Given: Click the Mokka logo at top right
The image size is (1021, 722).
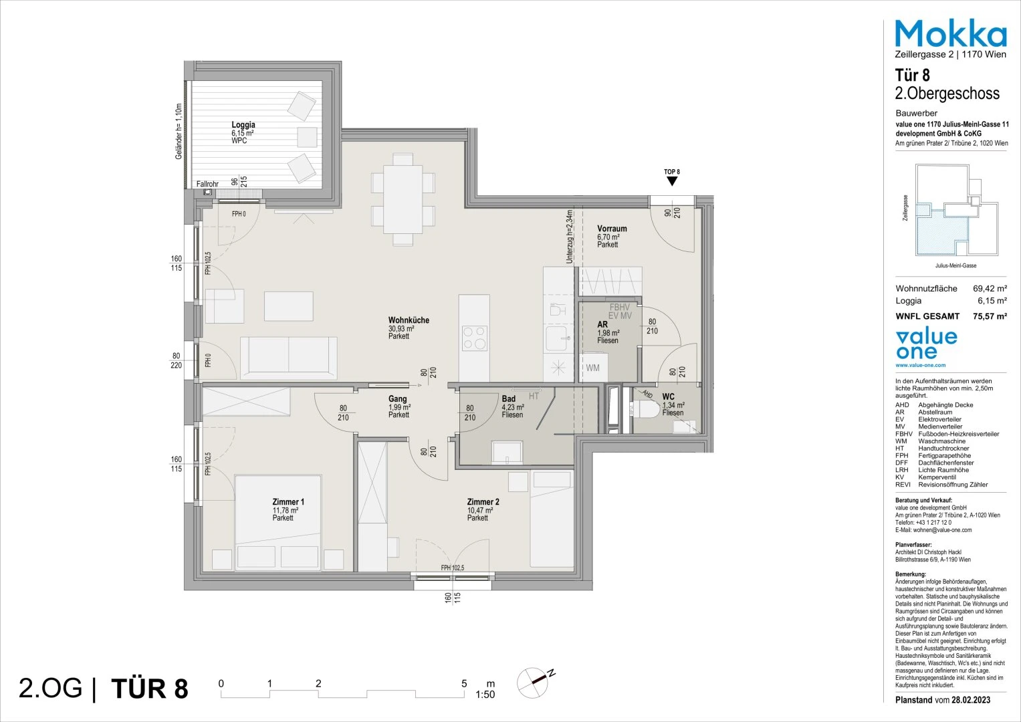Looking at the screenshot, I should (x=950, y=33).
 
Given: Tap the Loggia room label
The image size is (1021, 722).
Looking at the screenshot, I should (x=243, y=125).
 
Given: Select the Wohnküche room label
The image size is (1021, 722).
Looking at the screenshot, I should (x=409, y=320).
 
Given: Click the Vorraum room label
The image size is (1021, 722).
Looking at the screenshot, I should (x=612, y=229).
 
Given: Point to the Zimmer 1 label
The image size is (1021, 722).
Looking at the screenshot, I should (x=288, y=501).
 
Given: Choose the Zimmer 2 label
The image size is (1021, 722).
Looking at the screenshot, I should (x=483, y=501).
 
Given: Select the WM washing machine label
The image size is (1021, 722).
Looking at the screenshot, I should (x=593, y=368).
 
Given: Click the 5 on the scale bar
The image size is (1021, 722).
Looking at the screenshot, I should (x=464, y=684).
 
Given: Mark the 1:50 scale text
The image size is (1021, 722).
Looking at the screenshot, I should (x=485, y=695).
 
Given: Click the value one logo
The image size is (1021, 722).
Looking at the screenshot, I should (x=926, y=345).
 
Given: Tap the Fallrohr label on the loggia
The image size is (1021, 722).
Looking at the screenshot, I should (x=207, y=185).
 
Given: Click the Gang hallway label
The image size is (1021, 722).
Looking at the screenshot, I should (x=398, y=399).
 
